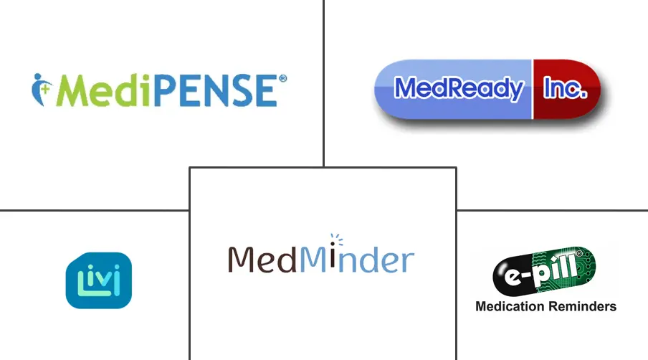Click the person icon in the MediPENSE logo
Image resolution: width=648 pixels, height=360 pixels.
pyautogui.click(x=42, y=90)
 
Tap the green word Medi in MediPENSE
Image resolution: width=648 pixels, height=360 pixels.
pyautogui.click(x=105, y=90)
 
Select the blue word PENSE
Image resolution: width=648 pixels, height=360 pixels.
pyautogui.click(x=216, y=90)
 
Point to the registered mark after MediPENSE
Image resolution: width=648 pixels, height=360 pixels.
pyautogui.click(x=282, y=79)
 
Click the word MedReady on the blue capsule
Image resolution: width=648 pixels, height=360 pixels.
pyautogui.click(x=459, y=88)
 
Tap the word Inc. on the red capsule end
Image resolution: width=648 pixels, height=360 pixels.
pyautogui.click(x=565, y=87)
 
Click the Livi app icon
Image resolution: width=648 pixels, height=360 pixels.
pyautogui.click(x=99, y=280)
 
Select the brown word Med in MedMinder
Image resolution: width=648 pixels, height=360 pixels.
pyautogui.click(x=262, y=259)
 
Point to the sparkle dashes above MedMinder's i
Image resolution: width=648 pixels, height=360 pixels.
pyautogui.click(x=336, y=239)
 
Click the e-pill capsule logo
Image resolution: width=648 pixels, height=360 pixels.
pyautogui.click(x=544, y=270)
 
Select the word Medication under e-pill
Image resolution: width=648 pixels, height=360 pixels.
pyautogui.click(x=510, y=306)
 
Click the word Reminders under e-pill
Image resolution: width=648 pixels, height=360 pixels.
pyautogui.click(x=582, y=306)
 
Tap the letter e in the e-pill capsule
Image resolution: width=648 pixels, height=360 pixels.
pyautogui.click(x=512, y=277)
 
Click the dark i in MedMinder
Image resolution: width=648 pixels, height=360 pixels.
pyautogui.click(x=333, y=260)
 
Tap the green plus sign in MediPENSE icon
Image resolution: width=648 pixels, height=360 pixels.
pyautogui.click(x=45, y=88)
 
